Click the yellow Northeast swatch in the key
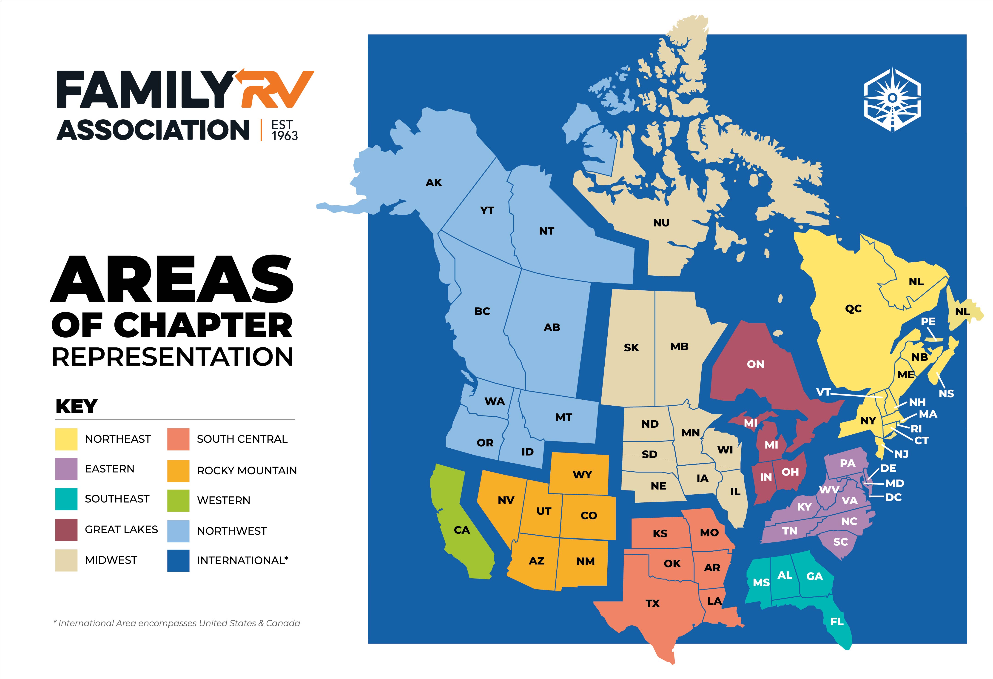tap(66, 439)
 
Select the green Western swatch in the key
tap(178, 500)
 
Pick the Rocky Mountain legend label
tap(247, 470)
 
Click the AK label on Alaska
tap(434, 183)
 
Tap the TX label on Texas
tap(652, 603)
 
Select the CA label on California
tap(461, 530)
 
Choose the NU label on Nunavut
tap(661, 223)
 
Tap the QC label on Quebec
tap(853, 309)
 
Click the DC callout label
tap(893, 497)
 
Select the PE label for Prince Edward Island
tap(928, 321)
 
